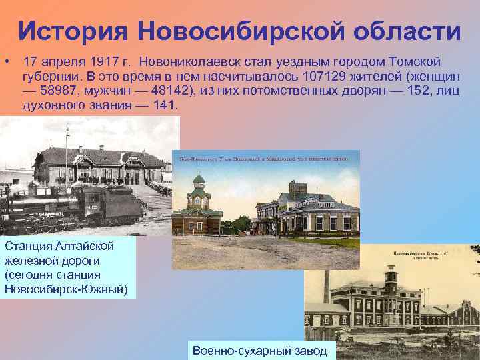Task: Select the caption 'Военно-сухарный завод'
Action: click(259, 351)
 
